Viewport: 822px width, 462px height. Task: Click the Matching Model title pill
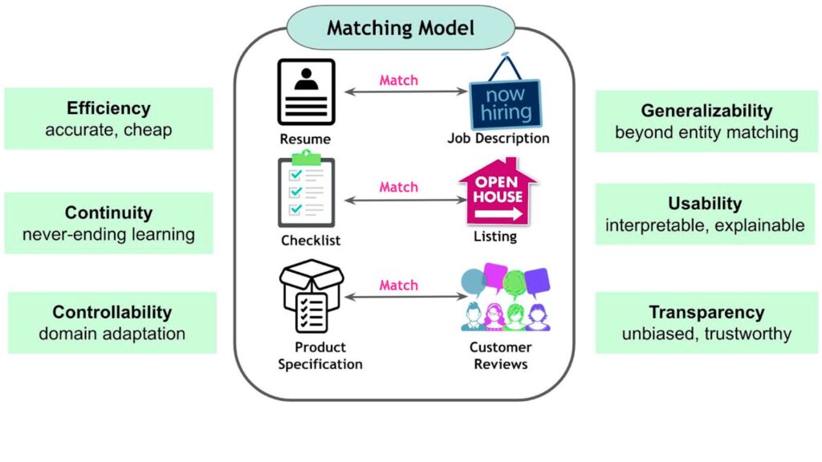[x=401, y=29]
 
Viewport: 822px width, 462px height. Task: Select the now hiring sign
[x=505, y=96]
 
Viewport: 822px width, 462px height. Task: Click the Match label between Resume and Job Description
[x=399, y=80]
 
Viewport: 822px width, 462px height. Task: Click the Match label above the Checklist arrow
[x=399, y=187]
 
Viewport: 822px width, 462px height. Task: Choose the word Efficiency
[x=108, y=108]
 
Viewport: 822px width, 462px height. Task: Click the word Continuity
[x=108, y=213]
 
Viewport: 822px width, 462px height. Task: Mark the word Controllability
[x=112, y=312]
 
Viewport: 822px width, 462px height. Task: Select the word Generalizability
[x=706, y=111]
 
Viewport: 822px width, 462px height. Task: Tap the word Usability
[x=705, y=204]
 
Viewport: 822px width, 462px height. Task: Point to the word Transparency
[x=706, y=312]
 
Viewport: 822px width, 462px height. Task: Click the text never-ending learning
[x=108, y=235]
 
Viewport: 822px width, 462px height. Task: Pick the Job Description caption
[x=498, y=138]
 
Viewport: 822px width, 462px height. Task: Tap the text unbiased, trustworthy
[x=706, y=334]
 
